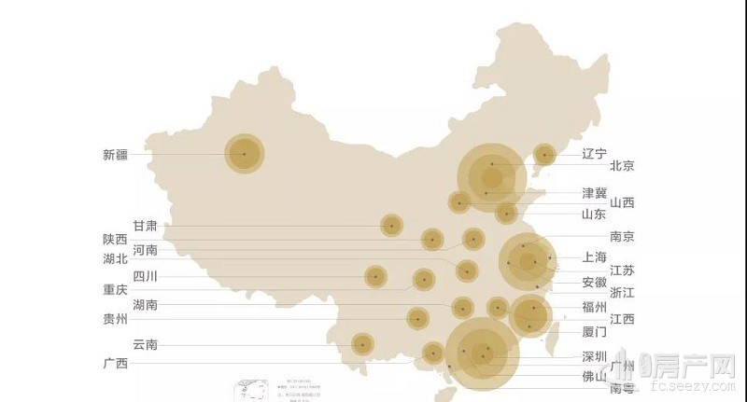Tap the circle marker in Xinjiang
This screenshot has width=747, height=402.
coord(246,154)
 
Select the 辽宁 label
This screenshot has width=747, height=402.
coord(594,154)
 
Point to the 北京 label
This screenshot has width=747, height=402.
coord(622,166)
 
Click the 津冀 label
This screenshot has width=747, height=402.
coord(594,193)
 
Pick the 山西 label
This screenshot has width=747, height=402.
coord(622,202)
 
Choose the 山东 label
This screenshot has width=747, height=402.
coord(594,215)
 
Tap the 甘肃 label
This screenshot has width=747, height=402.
coord(145,226)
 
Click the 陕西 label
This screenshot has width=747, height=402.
coord(115,239)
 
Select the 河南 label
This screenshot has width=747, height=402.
coord(145,250)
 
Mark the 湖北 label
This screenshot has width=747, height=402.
coord(115,259)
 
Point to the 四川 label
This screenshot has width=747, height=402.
coord(145,275)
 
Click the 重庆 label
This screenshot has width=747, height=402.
coord(115,290)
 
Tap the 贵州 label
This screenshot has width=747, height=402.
coord(115,319)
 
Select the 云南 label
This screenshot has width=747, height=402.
coord(145,344)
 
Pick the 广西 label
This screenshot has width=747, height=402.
coord(115,363)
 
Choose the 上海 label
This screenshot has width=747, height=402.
coord(594,257)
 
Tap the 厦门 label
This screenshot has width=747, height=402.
coord(594,332)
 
